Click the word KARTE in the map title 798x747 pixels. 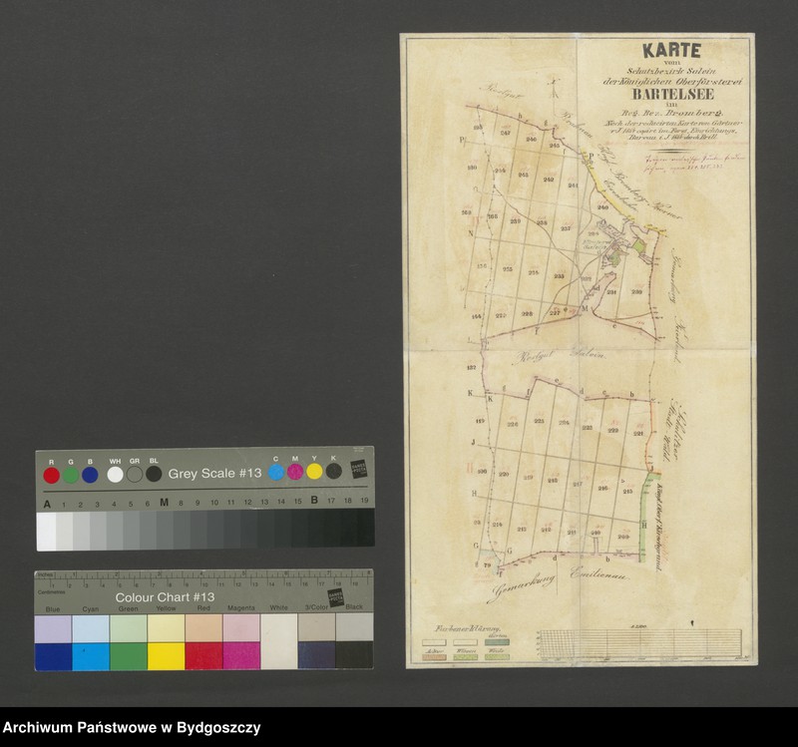(670, 51)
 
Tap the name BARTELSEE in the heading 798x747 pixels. (669, 97)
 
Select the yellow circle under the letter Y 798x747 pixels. (314, 471)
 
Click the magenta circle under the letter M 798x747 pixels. (295, 471)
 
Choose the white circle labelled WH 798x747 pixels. (115, 475)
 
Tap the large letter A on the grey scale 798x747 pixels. (46, 501)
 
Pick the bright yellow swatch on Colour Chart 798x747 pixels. (167, 656)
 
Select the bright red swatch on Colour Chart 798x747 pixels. (204, 656)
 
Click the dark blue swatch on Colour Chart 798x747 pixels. (53, 656)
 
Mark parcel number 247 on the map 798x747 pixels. (507, 133)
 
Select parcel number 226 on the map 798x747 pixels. (513, 423)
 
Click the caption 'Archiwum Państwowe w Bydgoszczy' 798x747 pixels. (132, 728)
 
